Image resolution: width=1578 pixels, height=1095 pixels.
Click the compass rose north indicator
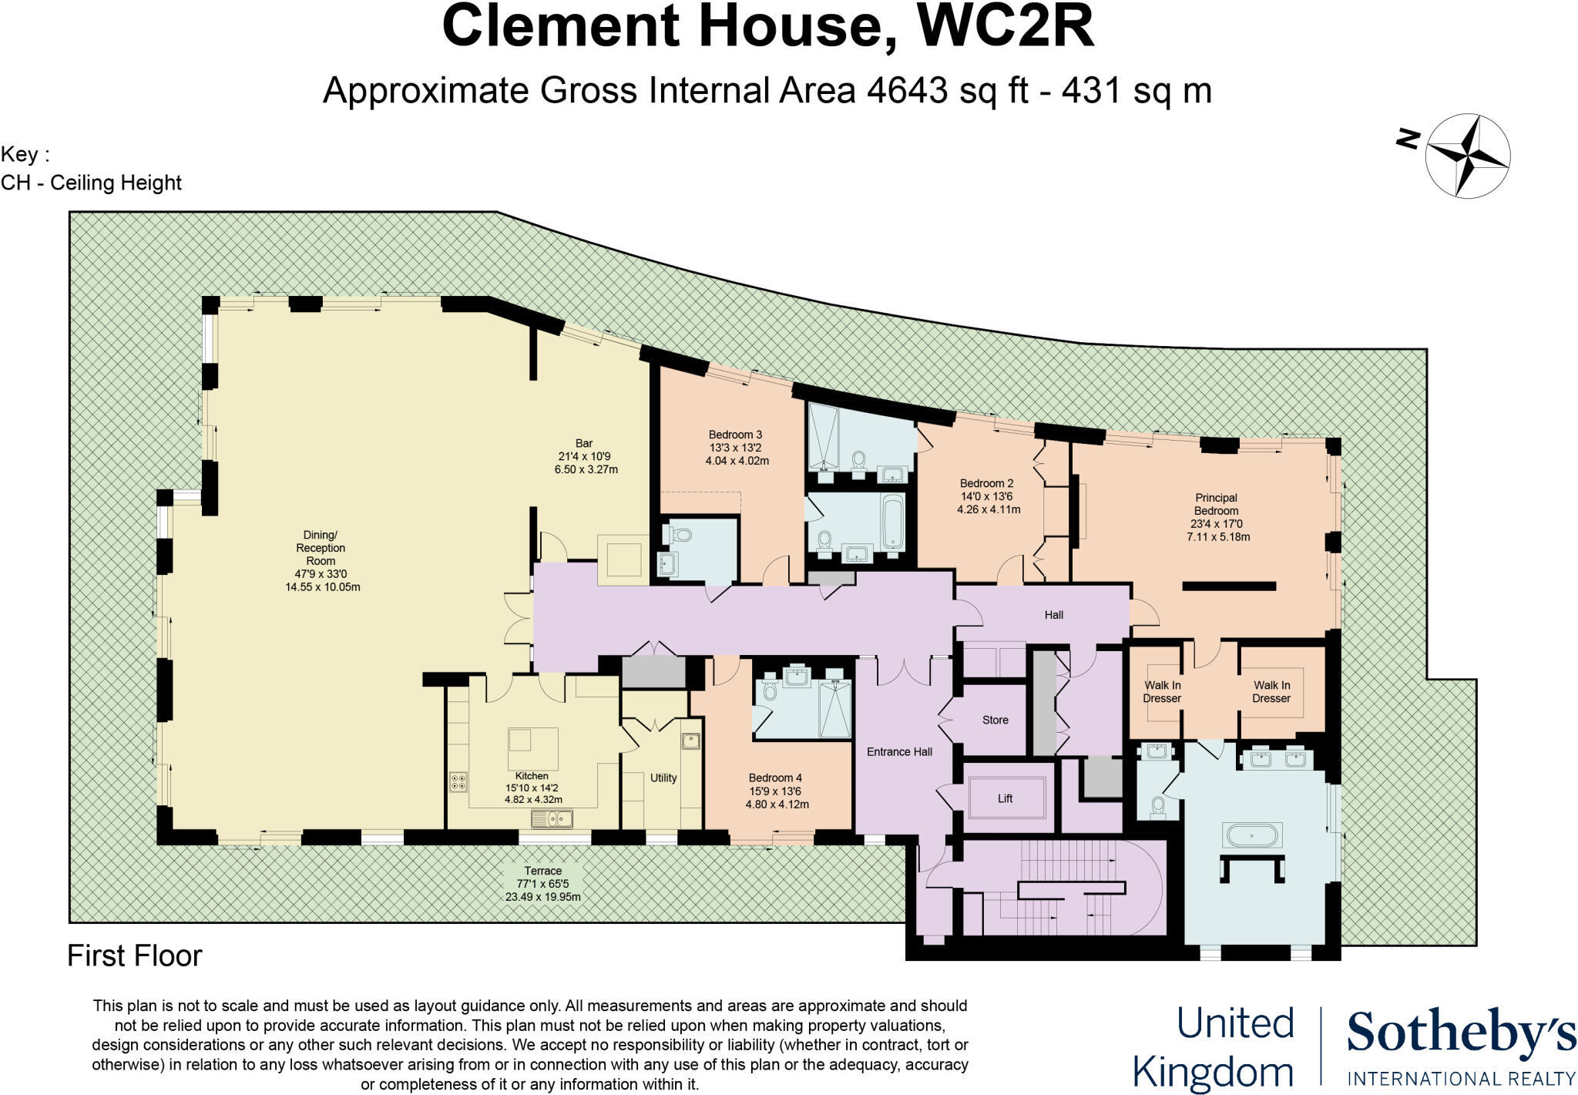click(x=1408, y=139)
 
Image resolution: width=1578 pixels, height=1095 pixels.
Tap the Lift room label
click(x=1005, y=798)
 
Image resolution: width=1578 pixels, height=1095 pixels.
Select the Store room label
click(x=995, y=720)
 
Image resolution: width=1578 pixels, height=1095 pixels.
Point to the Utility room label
click(x=663, y=778)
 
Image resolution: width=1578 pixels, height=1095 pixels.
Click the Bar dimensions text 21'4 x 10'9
click(x=584, y=456)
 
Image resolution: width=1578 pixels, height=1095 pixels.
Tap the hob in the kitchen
click(x=458, y=782)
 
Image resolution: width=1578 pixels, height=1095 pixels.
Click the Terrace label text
click(x=542, y=871)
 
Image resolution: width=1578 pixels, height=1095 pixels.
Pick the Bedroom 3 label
click(x=735, y=435)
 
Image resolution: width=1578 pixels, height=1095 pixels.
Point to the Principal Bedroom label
click(x=1216, y=504)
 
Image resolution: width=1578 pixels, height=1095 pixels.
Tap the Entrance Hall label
click(x=899, y=751)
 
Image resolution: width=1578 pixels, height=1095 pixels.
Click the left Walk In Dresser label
click(x=1162, y=691)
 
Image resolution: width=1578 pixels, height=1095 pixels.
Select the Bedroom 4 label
click(x=775, y=778)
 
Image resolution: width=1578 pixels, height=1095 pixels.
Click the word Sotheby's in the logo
click(x=1460, y=1033)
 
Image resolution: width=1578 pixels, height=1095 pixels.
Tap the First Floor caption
click(x=134, y=956)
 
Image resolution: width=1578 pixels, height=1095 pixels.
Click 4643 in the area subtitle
click(x=906, y=90)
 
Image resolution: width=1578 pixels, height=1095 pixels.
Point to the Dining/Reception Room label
click(x=321, y=548)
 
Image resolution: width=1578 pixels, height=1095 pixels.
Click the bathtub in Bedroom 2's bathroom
click(x=893, y=522)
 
